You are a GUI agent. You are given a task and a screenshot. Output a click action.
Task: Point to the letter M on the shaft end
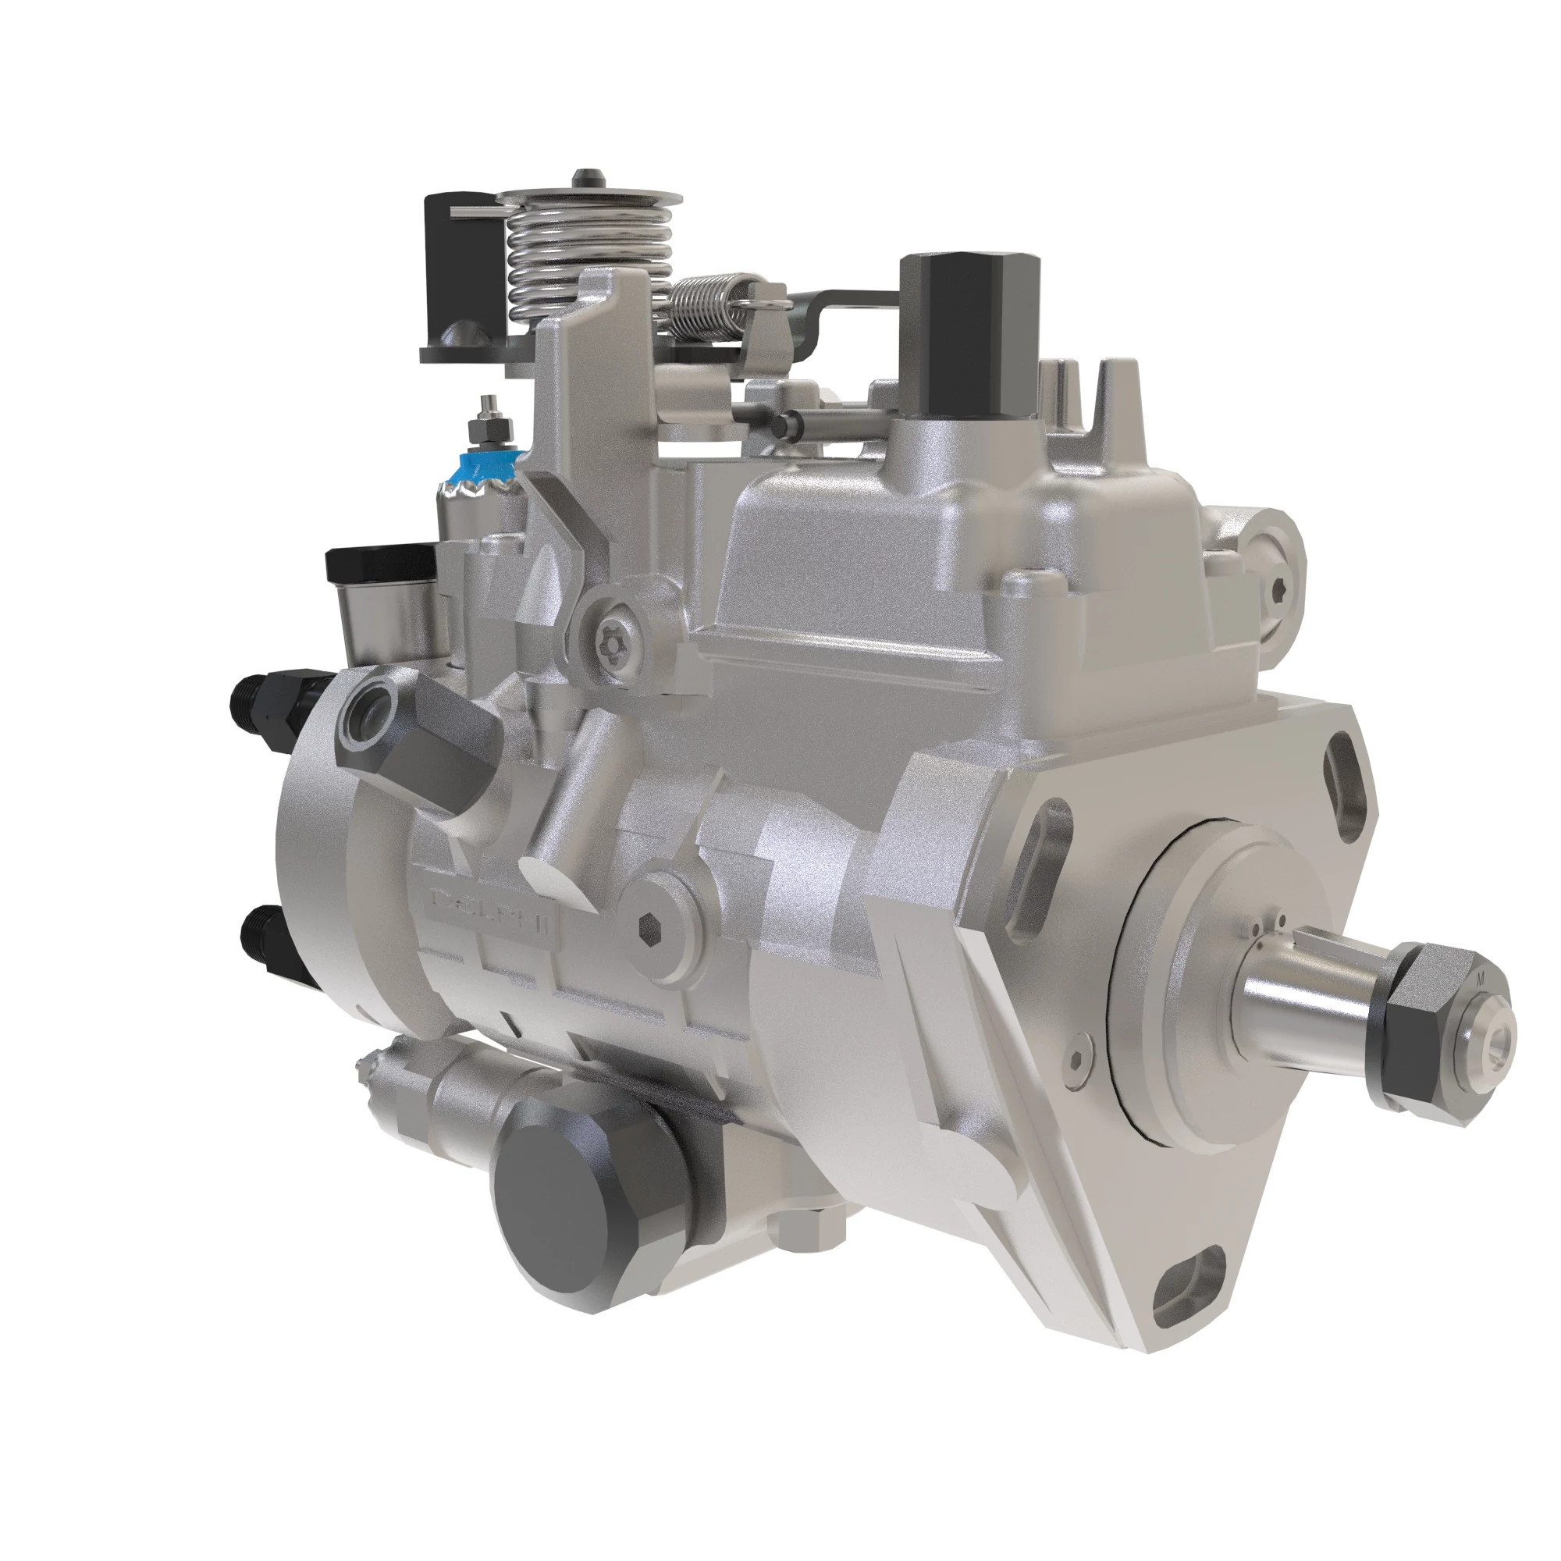1479,980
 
